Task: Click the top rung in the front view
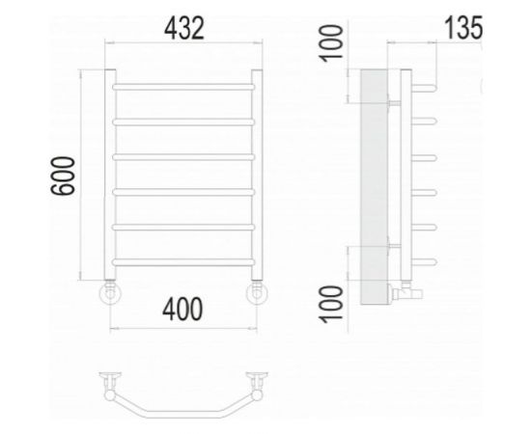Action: click(183, 87)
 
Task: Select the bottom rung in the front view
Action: click(183, 260)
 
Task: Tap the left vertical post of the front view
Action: click(110, 174)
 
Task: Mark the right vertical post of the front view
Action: click(258, 174)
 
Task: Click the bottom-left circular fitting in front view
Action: click(110, 292)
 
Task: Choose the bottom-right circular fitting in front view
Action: click(258, 292)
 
